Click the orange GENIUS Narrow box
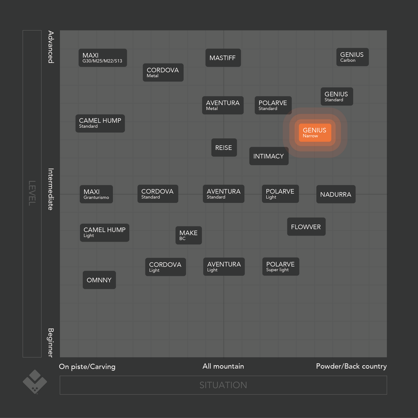[315, 133]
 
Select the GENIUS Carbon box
[352, 57]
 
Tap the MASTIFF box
[223, 58]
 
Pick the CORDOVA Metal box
[163, 73]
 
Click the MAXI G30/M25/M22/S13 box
[103, 58]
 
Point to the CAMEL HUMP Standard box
[100, 124]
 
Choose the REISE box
[224, 148]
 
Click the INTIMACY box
[269, 156]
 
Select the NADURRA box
[336, 194]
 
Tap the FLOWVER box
[306, 227]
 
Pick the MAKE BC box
[189, 235]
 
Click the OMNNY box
[99, 280]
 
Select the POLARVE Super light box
[281, 267]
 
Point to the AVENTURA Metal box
[223, 106]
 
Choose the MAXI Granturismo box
[96, 194]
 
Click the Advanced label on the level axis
[51, 47]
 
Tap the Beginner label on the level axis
[51, 342]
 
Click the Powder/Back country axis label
[351, 367]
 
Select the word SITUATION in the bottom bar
[223, 385]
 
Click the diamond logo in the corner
[35, 382]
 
